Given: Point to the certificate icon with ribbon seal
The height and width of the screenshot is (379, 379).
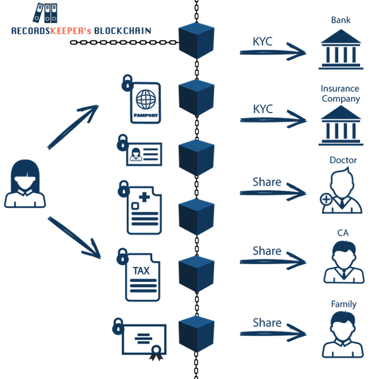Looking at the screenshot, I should [x=144, y=340].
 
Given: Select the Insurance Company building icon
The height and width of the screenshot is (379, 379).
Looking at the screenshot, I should [x=341, y=125].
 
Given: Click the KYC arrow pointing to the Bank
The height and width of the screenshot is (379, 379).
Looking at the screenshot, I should [x=272, y=52].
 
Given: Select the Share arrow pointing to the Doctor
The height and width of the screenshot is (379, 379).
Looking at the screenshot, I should [x=272, y=192].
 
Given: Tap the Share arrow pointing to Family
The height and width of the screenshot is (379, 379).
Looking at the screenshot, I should [x=272, y=333].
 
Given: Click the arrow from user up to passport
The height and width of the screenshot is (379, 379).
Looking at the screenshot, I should [x=73, y=127].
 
